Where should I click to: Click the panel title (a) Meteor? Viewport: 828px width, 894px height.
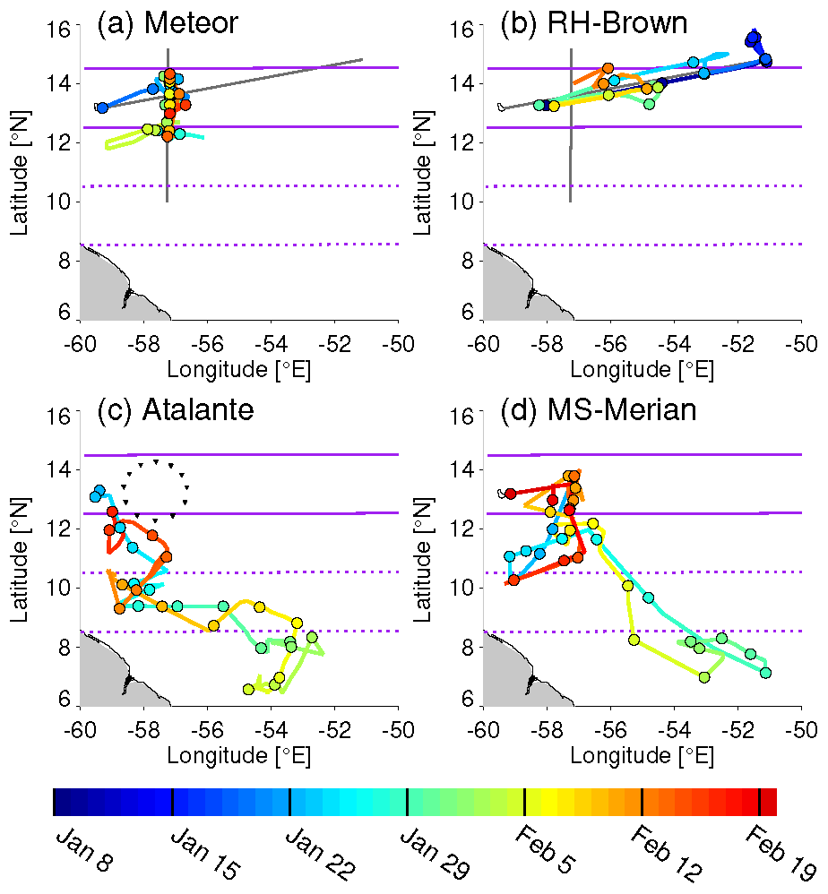click(x=168, y=23)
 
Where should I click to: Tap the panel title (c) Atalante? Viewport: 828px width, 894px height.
click(x=176, y=409)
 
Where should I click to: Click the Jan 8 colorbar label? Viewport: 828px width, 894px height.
click(x=73, y=847)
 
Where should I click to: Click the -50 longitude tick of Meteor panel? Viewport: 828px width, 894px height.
click(x=397, y=343)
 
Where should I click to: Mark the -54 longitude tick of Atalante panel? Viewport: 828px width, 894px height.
click(x=271, y=729)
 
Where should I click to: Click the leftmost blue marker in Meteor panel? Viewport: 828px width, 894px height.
click(x=102, y=107)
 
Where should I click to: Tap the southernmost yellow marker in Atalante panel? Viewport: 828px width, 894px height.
click(x=248, y=689)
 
